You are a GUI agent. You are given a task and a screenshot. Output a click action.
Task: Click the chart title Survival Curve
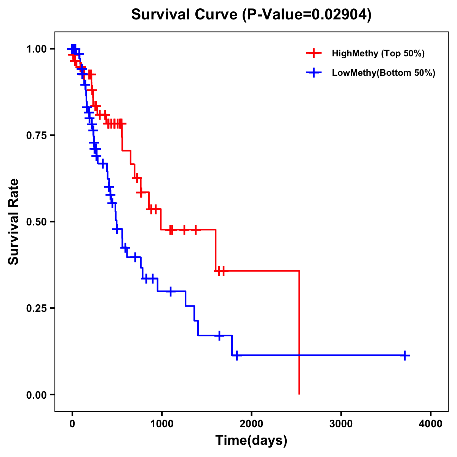(x=184, y=14)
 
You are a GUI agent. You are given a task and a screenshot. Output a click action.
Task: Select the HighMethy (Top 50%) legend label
(x=378, y=53)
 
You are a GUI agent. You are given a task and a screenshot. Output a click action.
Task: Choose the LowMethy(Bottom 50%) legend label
(x=383, y=73)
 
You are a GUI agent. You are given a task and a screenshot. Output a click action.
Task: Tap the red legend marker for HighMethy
(x=314, y=53)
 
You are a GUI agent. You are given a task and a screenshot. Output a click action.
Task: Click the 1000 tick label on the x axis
(x=161, y=423)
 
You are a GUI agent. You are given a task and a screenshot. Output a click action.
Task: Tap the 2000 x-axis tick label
(x=251, y=423)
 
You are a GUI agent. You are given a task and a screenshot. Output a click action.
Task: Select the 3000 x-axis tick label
(x=341, y=423)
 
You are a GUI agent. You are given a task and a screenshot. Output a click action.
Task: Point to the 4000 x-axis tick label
(x=431, y=423)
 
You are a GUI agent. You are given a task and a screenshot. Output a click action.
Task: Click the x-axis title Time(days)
(x=251, y=441)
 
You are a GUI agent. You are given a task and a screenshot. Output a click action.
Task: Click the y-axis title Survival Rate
(x=14, y=222)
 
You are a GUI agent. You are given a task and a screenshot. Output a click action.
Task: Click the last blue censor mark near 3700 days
(x=405, y=355)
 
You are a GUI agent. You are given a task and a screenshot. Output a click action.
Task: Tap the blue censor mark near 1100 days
(x=170, y=291)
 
